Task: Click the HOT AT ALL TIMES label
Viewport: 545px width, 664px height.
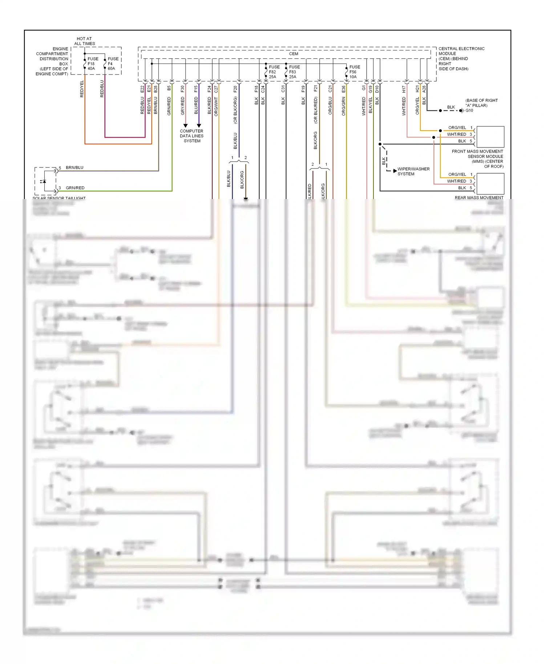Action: point(84,41)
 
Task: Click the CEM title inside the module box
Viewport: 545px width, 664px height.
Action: point(294,54)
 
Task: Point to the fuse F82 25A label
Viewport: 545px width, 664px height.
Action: point(274,72)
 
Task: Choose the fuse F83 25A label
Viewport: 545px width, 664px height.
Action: point(294,72)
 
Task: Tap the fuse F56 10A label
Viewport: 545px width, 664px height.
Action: point(355,72)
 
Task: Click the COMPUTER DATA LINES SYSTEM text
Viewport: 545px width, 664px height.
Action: point(191,136)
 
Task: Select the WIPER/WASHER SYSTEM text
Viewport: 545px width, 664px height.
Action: point(413,171)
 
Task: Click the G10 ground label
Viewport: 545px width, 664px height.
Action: point(469,110)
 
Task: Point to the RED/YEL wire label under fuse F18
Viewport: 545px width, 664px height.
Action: point(82,89)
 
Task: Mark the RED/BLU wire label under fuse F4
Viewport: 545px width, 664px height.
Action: point(102,89)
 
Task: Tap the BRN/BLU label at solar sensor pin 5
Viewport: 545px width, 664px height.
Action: point(74,167)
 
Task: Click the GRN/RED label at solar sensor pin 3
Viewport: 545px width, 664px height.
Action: point(75,188)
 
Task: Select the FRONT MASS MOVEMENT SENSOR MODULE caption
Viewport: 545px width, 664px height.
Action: point(477,159)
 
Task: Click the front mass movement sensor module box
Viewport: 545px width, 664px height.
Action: point(490,137)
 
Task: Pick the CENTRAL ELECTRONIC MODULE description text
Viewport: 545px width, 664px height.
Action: point(461,58)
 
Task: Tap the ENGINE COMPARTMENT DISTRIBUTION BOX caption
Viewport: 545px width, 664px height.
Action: point(52,61)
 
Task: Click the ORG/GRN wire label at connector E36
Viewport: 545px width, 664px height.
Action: point(343,106)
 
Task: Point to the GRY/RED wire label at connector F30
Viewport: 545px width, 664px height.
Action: point(182,106)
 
